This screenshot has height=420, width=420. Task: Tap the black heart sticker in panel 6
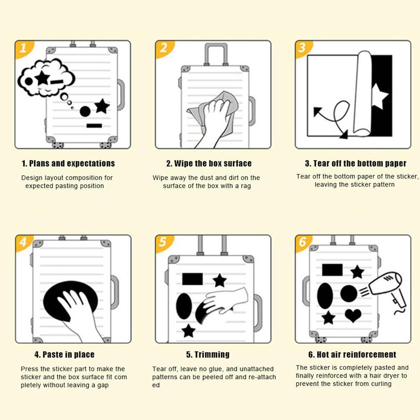[353, 316]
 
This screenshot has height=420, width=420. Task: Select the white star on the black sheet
[379, 96]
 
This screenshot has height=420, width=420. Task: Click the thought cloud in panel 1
[46, 78]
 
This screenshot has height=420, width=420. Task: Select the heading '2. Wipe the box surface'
[209, 163]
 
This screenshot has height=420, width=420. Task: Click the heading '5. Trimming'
[208, 354]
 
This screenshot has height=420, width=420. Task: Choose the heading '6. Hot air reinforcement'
[352, 354]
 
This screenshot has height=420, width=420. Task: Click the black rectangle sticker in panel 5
[192, 279]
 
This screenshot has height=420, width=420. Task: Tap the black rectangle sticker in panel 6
[332, 270]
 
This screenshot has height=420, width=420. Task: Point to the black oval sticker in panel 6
[325, 296]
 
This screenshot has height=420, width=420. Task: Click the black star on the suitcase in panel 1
[102, 106]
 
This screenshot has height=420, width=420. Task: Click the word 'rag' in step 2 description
[246, 186]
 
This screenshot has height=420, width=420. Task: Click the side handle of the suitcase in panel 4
[115, 292]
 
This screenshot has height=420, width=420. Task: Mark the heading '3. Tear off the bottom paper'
[356, 163]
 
